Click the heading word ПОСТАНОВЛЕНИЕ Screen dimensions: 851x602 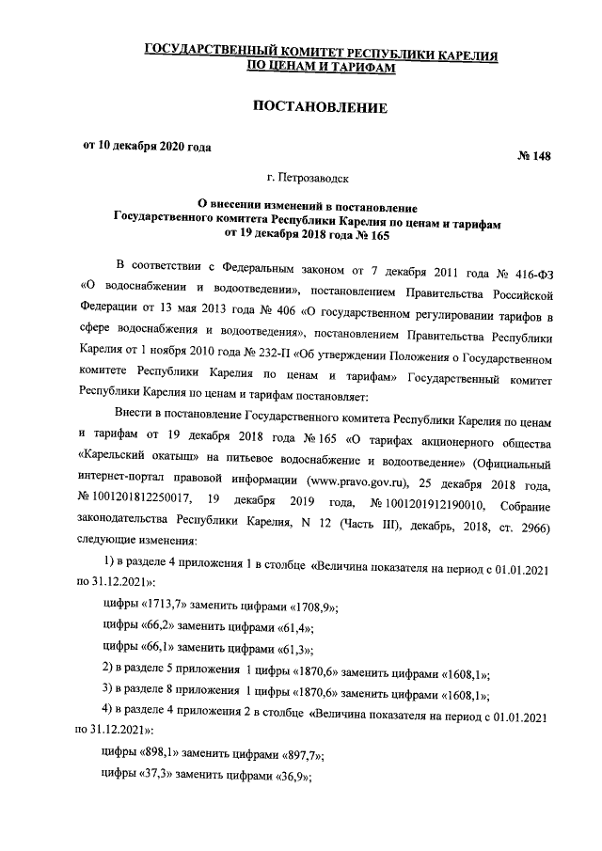click(x=321, y=108)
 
